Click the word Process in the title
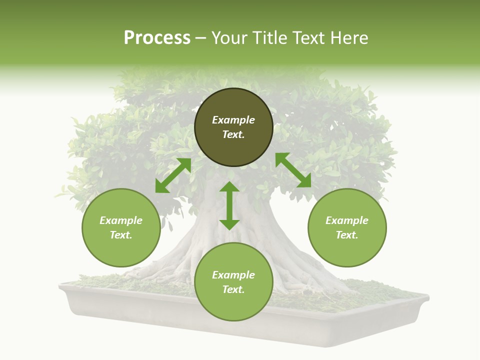(x=157, y=38)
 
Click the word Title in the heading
(x=269, y=38)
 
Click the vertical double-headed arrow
(x=229, y=206)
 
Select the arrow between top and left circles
(x=173, y=175)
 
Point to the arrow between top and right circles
(x=293, y=170)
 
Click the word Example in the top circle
(x=233, y=120)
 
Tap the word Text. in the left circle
(x=121, y=235)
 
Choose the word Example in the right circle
(x=347, y=220)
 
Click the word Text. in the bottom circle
(x=233, y=289)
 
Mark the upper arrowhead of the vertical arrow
(x=229, y=187)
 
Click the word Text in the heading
(x=308, y=38)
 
